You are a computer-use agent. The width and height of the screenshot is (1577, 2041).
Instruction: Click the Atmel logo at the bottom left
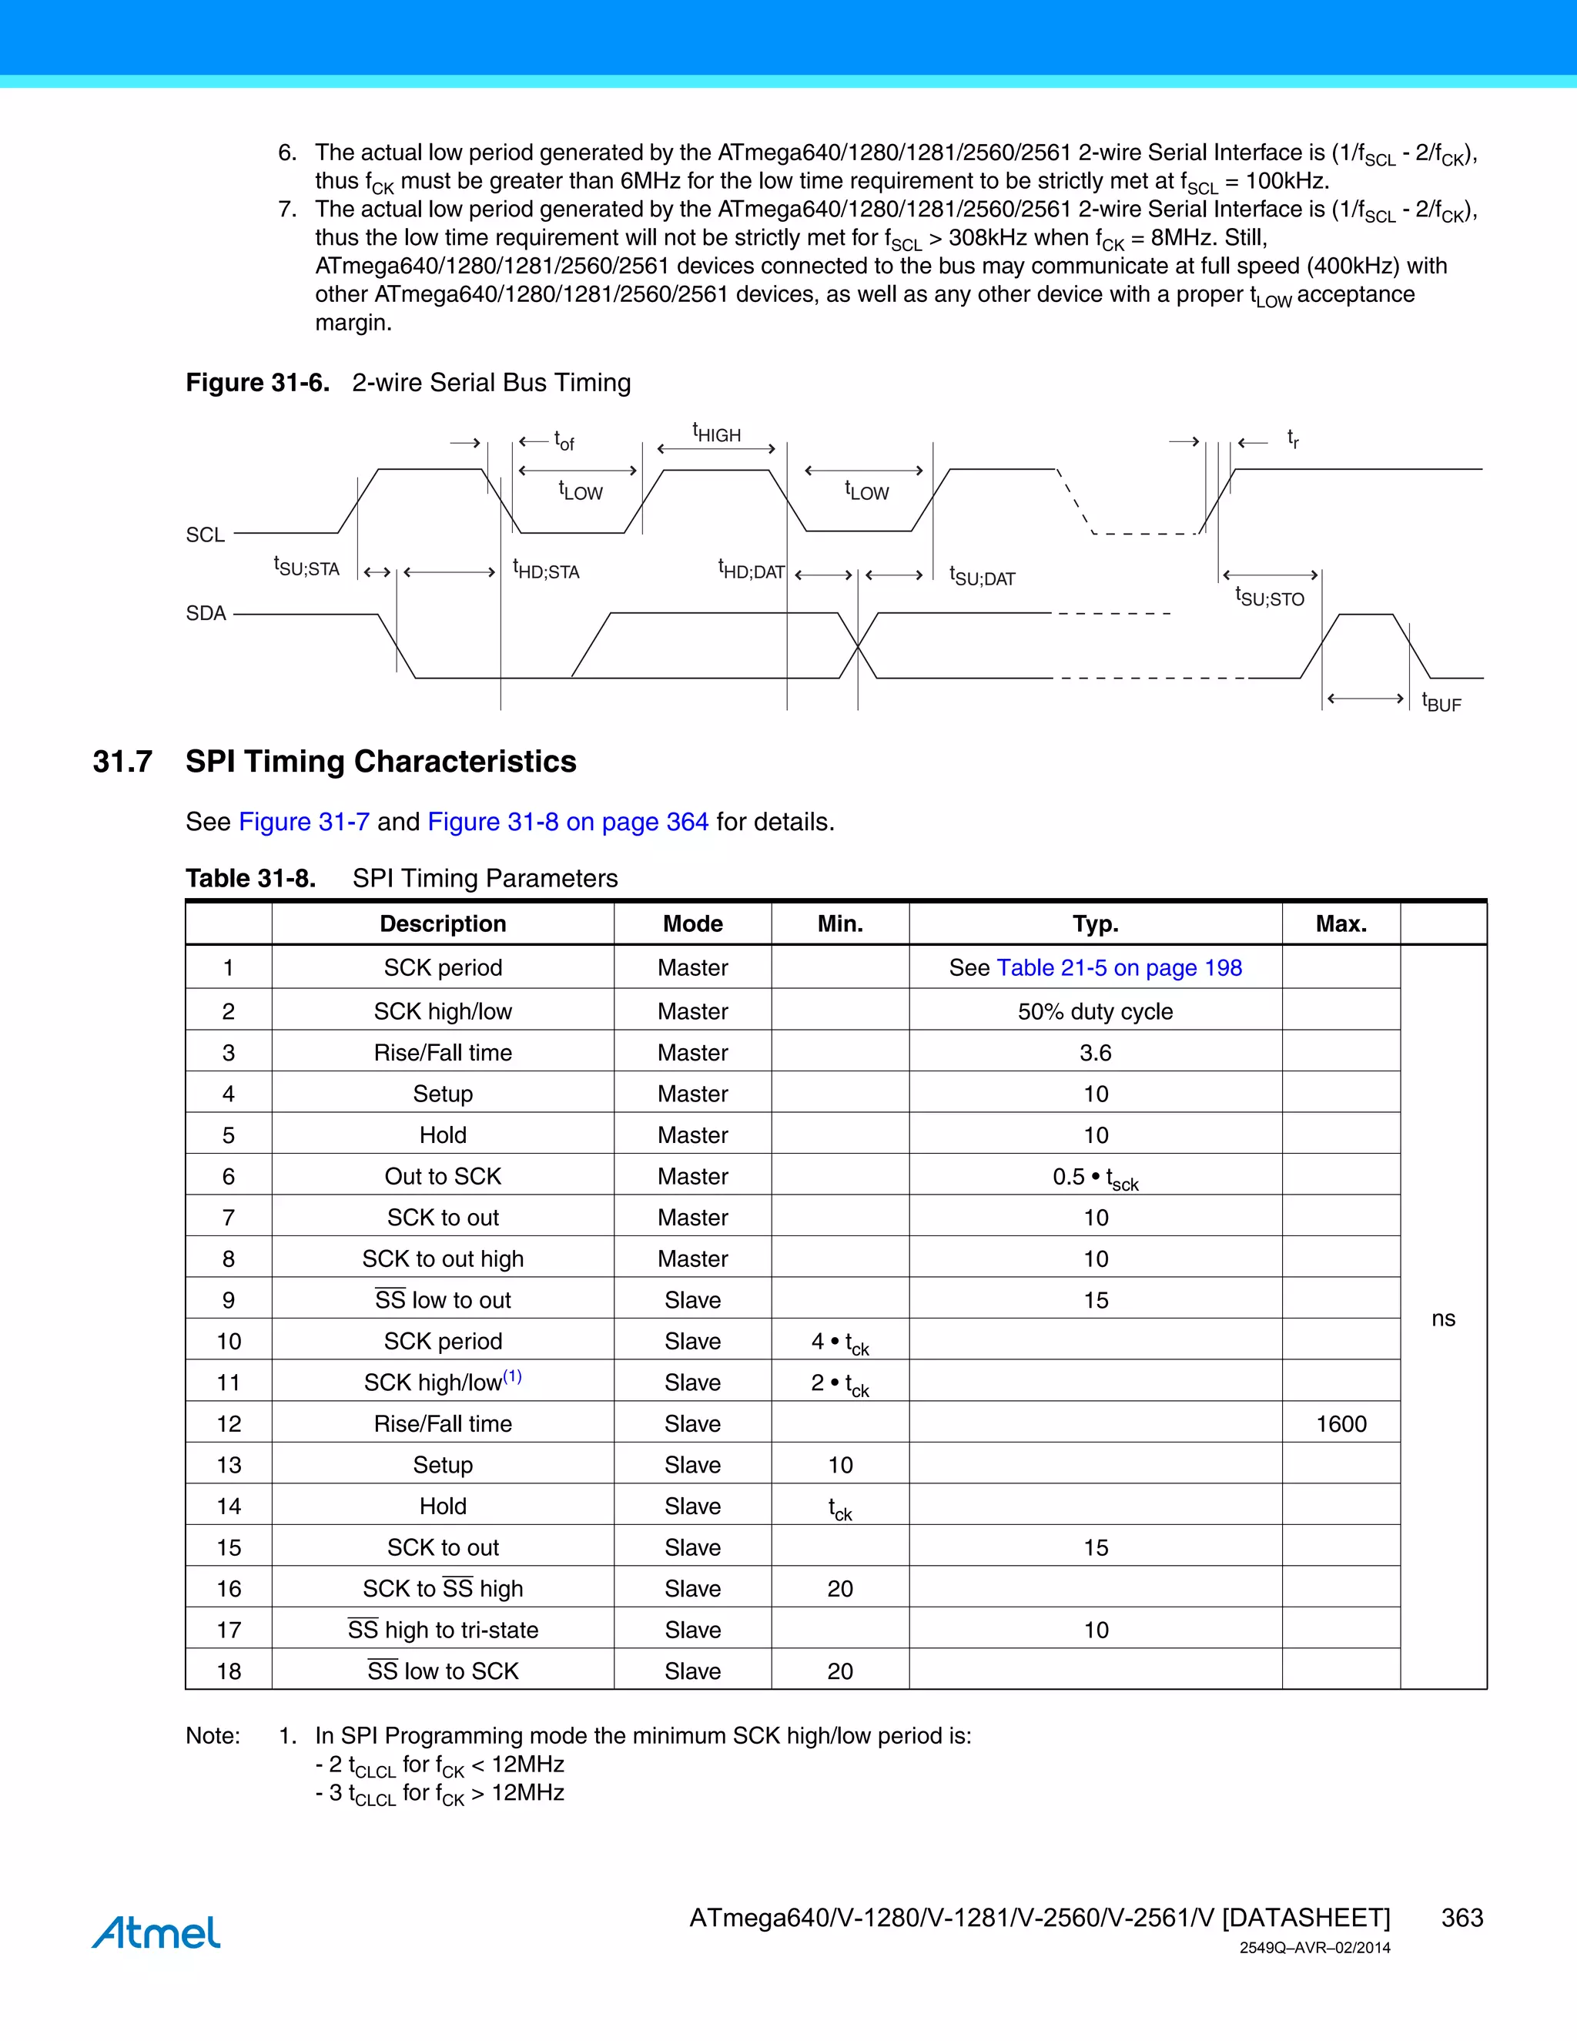tap(156, 1932)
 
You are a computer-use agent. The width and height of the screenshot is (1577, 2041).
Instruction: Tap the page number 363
tap(1461, 1918)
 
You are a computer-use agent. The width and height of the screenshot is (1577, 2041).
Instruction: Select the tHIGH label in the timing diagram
tap(717, 433)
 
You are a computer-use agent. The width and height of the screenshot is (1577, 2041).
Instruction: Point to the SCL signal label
tap(206, 535)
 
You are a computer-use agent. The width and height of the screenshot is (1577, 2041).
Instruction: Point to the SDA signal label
tap(206, 613)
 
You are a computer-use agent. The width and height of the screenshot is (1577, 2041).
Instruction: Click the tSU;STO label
tap(1269, 597)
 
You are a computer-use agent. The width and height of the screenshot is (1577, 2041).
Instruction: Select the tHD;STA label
tap(546, 570)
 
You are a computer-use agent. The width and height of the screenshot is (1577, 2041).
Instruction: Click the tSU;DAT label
tap(982, 577)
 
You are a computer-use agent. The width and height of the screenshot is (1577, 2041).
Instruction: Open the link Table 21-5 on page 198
tap(1119, 967)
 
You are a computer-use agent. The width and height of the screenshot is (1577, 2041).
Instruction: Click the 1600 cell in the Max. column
tap(1341, 1423)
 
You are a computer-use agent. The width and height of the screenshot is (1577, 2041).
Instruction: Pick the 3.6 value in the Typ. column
tap(1095, 1052)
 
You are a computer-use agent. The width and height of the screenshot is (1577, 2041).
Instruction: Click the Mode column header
tap(692, 923)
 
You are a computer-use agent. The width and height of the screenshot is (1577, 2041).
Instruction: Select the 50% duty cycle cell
tap(1095, 1011)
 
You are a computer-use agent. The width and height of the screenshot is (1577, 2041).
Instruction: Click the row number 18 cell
tap(229, 1671)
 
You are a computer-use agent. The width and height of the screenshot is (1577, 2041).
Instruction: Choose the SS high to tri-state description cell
tap(443, 1630)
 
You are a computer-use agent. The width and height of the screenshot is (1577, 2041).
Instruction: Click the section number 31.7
tap(122, 762)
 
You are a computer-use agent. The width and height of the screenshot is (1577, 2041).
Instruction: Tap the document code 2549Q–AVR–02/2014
tap(1314, 1948)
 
